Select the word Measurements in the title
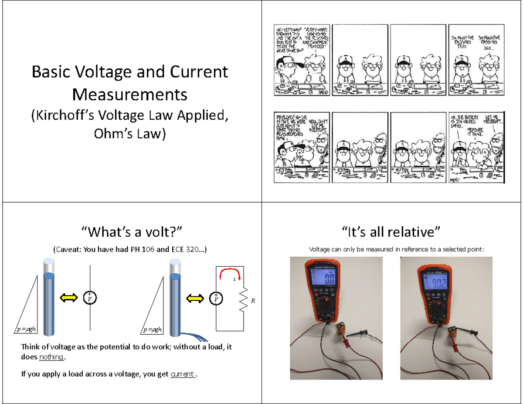[130, 93]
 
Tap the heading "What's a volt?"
[131, 231]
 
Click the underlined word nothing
[51, 358]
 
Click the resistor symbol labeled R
[244, 299]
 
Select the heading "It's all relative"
[392, 231]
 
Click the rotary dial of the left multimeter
[327, 310]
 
